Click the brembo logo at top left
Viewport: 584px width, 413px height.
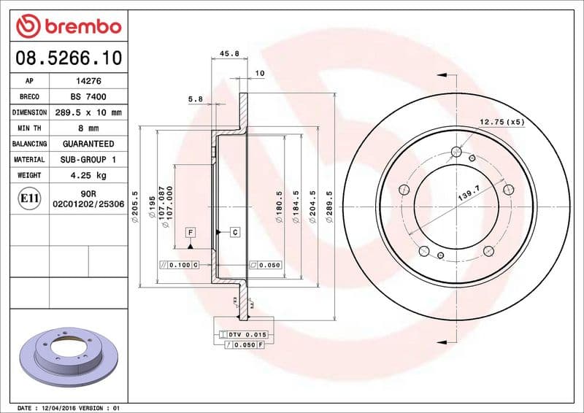click(x=69, y=26)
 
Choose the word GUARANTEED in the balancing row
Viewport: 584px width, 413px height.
click(x=88, y=144)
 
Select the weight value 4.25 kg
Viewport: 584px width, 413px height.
click(x=88, y=175)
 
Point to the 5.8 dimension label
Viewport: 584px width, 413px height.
click(x=195, y=99)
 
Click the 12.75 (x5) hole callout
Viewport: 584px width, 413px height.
click(x=502, y=122)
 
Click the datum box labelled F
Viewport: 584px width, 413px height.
click(x=190, y=232)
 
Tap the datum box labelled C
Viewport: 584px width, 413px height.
click(x=235, y=232)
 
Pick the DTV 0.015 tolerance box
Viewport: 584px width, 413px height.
click(x=242, y=333)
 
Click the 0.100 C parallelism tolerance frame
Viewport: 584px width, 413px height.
click(x=180, y=265)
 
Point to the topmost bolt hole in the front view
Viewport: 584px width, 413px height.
click(x=457, y=153)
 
